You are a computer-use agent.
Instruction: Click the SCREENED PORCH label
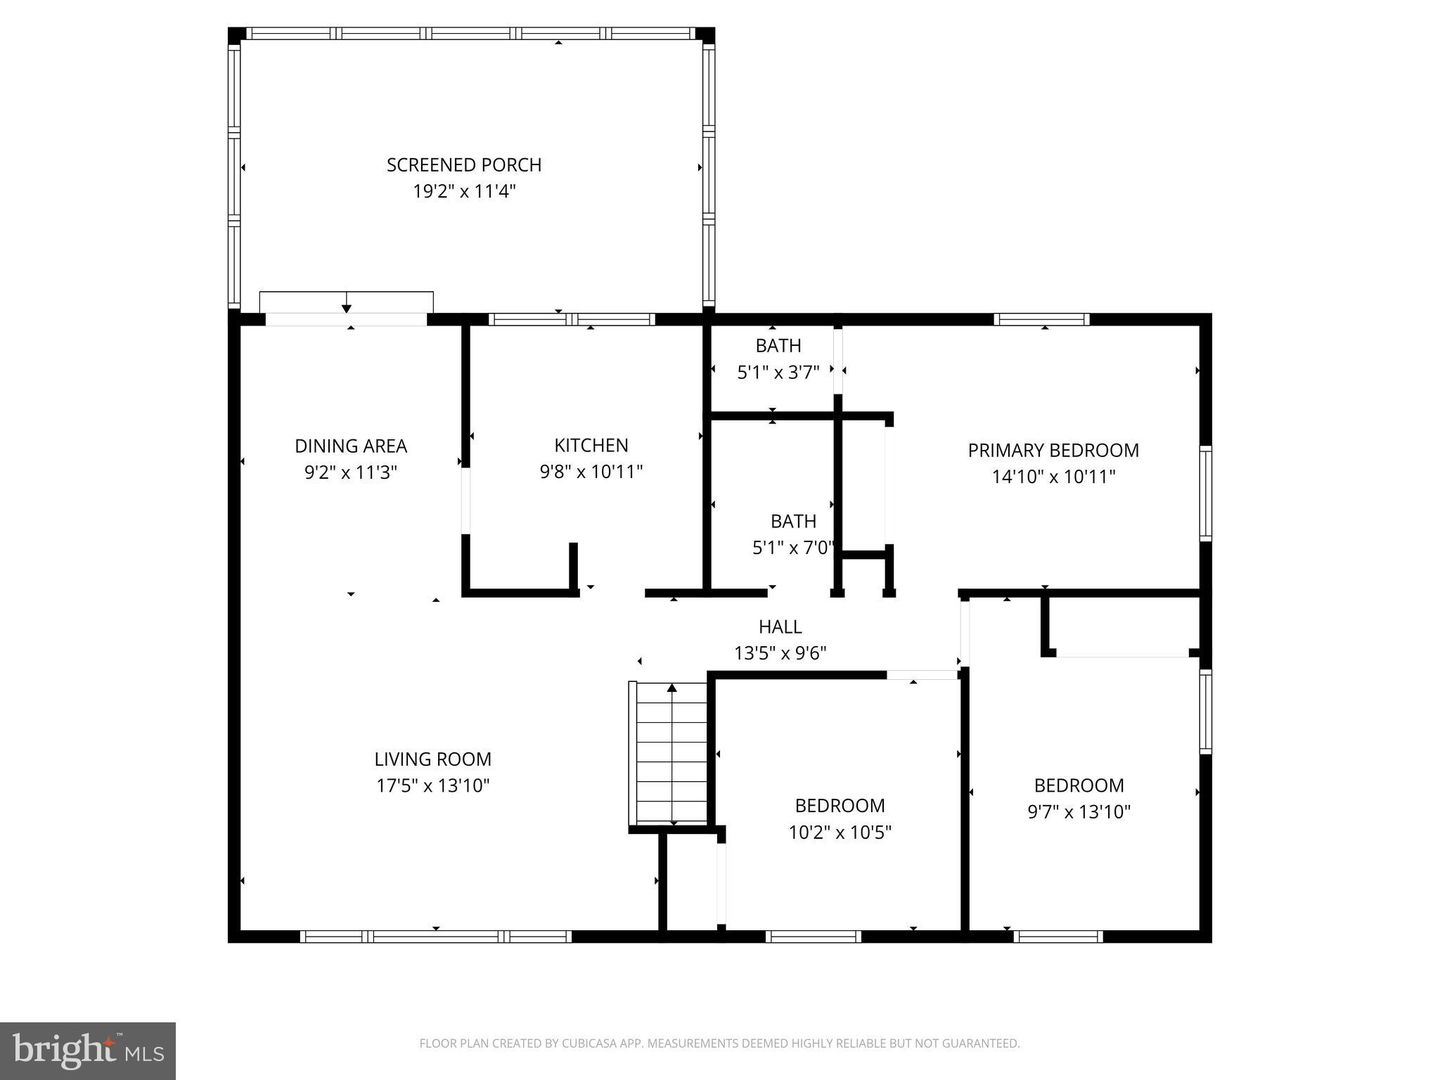click(464, 165)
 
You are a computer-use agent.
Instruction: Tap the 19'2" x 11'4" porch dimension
click(464, 191)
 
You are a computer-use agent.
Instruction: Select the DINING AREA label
click(350, 446)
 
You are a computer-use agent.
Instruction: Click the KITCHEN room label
click(591, 445)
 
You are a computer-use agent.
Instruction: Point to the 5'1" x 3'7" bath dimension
click(778, 373)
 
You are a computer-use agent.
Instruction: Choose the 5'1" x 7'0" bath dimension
click(793, 548)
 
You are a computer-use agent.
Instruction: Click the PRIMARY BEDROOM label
click(1053, 450)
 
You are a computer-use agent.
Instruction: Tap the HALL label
click(780, 626)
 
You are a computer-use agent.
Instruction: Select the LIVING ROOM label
click(432, 759)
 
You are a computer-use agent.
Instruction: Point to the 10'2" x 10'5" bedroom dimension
click(840, 832)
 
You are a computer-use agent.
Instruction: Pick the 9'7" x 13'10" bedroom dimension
click(1079, 812)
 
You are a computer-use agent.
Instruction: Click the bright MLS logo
click(88, 1050)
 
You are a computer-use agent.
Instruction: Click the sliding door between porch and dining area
click(346, 319)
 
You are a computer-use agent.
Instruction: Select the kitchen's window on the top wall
click(572, 319)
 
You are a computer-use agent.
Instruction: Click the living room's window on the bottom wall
click(435, 937)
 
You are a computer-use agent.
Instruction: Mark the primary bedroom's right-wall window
click(1205, 492)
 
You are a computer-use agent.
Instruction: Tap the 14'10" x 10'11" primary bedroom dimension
click(1053, 477)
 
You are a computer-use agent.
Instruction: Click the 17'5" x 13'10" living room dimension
click(432, 785)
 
